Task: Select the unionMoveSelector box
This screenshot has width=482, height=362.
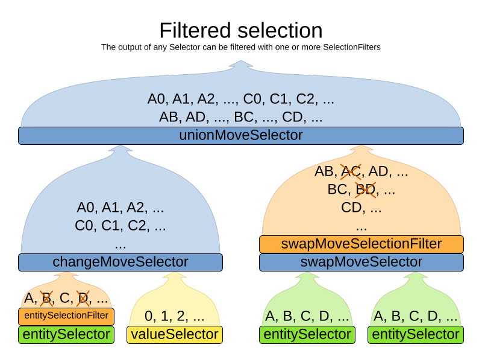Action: [241, 136]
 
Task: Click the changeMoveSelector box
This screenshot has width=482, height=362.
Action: [120, 262]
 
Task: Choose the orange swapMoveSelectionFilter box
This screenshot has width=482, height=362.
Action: [361, 244]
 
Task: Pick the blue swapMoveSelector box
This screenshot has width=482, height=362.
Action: [361, 262]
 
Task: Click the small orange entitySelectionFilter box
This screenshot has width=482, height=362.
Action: [66, 316]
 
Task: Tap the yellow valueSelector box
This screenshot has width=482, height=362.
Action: [175, 335]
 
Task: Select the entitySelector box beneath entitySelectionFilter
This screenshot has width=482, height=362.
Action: [66, 335]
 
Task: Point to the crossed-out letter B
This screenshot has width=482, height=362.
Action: [46, 298]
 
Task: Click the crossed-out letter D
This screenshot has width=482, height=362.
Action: [83, 298]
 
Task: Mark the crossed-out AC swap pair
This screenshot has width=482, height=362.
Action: [350, 171]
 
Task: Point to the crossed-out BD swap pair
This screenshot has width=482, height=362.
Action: [365, 189]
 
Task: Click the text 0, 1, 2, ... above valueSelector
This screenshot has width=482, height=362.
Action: [175, 316]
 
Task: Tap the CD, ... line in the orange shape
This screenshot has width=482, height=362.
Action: [361, 208]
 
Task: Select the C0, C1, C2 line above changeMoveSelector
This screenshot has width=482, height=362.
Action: [120, 226]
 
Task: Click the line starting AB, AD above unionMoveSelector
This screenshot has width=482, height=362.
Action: [241, 117]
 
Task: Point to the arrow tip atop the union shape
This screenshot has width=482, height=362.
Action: [241, 62]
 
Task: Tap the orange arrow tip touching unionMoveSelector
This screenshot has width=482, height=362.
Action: [361, 147]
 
